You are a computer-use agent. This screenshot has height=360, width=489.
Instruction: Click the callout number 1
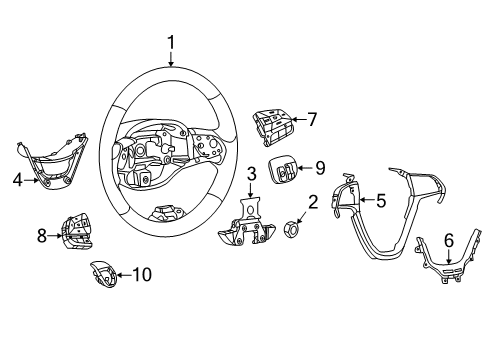171,42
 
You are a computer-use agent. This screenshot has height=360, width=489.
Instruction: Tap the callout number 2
312,204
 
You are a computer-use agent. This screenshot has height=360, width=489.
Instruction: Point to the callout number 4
17,181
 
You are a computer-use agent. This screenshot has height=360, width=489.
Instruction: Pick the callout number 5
380,201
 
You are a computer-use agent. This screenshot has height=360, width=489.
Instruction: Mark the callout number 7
311,120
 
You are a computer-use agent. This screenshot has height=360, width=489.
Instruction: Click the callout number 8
42,235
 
